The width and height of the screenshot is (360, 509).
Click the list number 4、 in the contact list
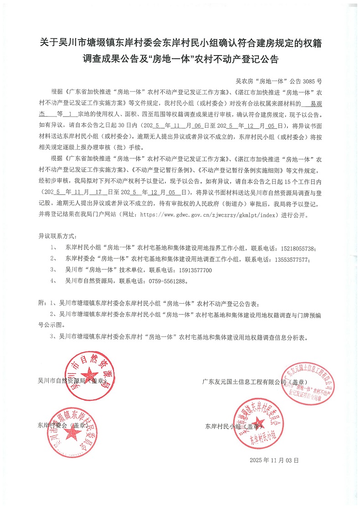(54, 281)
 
